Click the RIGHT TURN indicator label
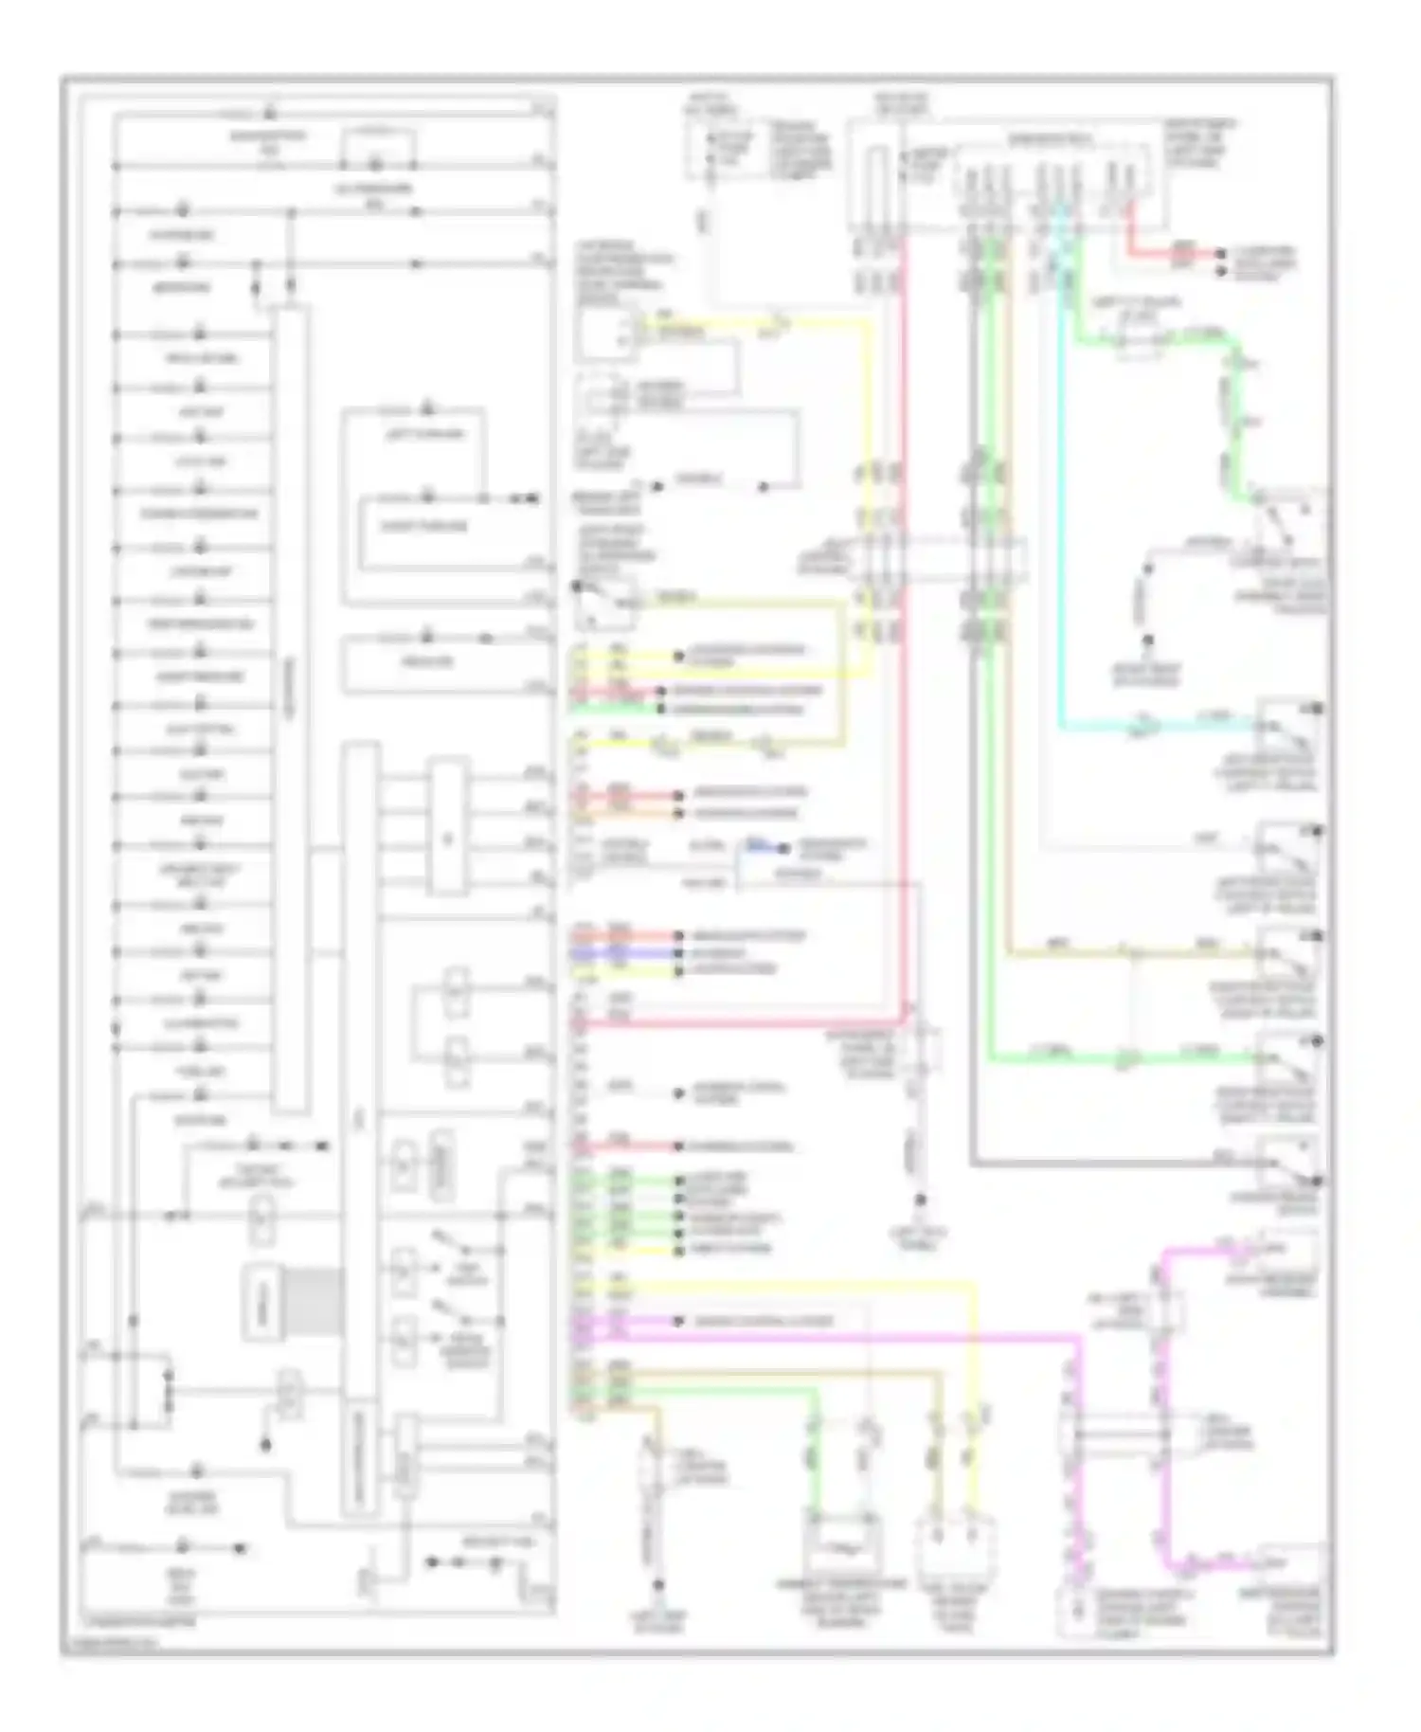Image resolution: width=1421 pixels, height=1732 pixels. tap(423, 526)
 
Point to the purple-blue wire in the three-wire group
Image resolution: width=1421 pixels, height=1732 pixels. tap(625, 953)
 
